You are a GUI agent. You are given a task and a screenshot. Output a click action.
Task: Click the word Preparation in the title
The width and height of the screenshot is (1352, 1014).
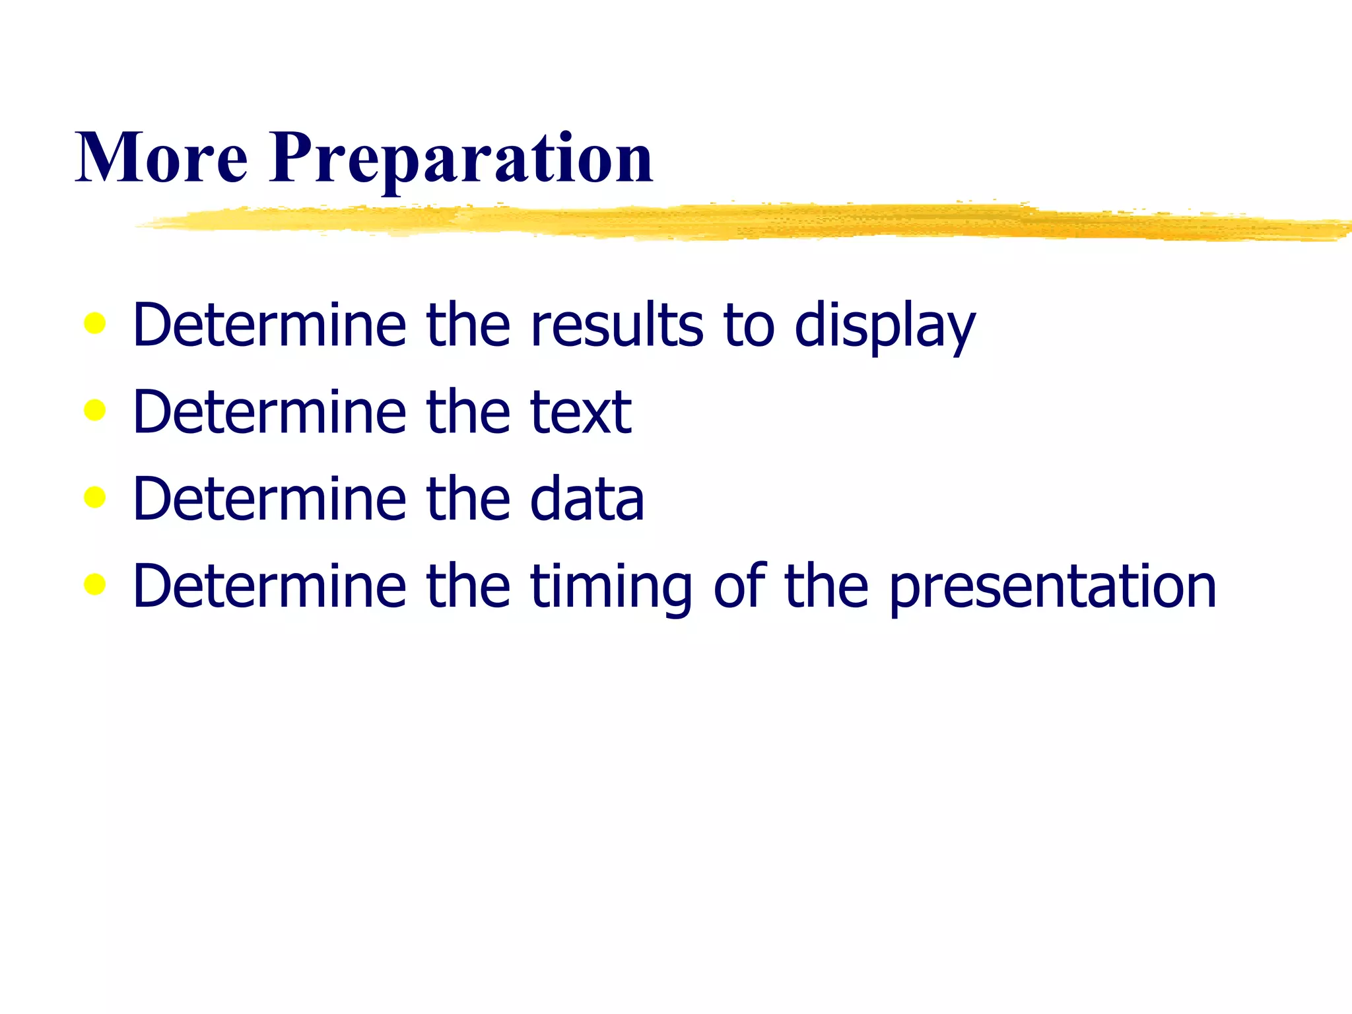click(461, 158)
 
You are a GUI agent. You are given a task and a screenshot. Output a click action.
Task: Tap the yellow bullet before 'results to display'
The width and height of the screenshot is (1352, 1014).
click(95, 323)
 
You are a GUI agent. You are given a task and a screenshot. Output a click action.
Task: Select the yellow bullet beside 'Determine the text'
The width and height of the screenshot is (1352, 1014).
click(95, 410)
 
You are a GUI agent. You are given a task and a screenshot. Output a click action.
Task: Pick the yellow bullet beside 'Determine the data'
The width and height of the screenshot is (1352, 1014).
click(95, 497)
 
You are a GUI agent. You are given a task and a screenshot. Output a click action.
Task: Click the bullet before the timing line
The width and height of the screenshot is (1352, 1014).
click(95, 584)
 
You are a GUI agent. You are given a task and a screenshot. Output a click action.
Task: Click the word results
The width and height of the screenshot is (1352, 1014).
click(617, 325)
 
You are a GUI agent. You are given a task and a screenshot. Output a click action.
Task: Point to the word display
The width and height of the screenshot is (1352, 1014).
click(885, 327)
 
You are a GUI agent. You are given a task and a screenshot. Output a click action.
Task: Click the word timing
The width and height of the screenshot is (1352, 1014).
click(611, 588)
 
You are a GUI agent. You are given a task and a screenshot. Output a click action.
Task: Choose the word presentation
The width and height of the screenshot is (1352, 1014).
click(1052, 588)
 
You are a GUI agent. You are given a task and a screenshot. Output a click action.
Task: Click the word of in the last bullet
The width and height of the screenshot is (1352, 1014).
click(740, 586)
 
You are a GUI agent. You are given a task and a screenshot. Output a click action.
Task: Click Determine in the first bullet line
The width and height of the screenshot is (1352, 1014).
click(269, 325)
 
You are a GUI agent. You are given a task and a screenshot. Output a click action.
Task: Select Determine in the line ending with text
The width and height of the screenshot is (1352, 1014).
click(269, 412)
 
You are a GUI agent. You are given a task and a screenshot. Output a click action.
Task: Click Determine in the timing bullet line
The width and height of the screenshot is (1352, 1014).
click(269, 586)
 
